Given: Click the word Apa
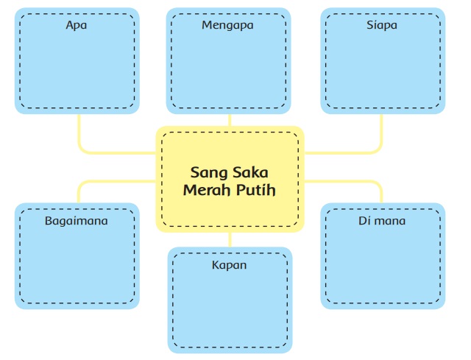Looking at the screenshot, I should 77,26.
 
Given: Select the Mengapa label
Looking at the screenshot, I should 227,26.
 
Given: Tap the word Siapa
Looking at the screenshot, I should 381,26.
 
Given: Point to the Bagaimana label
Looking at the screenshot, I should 77,220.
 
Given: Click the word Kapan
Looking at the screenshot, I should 230,264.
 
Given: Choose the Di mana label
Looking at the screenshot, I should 381,220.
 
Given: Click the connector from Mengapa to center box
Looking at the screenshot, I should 230,120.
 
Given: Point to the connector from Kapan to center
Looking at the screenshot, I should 230,240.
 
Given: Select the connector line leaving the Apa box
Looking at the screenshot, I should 78,133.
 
